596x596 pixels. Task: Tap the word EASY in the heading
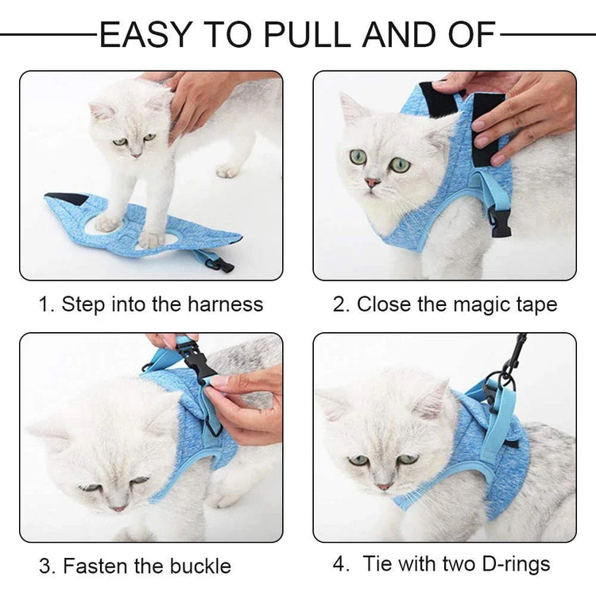pos(145,35)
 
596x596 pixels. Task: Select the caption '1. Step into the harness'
pos(151,304)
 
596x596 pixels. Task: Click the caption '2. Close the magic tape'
pos(445,304)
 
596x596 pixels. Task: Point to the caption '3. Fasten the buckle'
pos(135,566)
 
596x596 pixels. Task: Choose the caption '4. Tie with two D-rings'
pos(442,564)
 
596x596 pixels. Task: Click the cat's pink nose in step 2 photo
pos(373,182)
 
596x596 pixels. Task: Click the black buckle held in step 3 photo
pos(198,363)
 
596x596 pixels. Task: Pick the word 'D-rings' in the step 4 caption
pos(512,564)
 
